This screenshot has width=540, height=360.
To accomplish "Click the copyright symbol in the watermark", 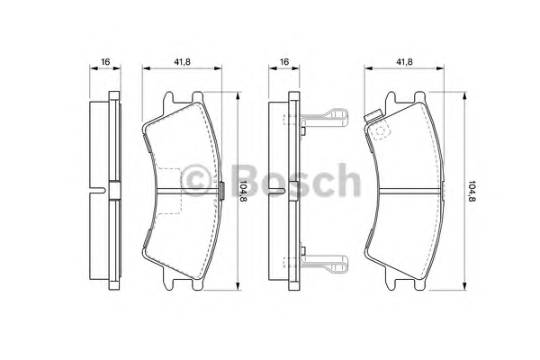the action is [x=195, y=180].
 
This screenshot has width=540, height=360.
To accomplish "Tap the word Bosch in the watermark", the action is [x=295, y=180].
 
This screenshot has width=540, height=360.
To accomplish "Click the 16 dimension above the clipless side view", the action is [x=105, y=62].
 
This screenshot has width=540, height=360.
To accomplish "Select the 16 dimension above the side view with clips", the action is [x=284, y=62].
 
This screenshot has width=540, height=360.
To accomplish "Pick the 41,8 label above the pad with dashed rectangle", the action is [x=182, y=62].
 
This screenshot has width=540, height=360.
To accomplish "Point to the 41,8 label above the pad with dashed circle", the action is [x=404, y=62].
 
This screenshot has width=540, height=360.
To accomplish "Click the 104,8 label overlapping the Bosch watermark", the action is [x=244, y=192].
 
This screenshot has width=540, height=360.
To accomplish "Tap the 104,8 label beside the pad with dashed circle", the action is [x=471, y=191].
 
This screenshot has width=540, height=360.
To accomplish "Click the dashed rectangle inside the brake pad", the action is [x=168, y=191].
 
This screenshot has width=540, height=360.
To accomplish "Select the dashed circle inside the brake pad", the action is [x=381, y=131].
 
